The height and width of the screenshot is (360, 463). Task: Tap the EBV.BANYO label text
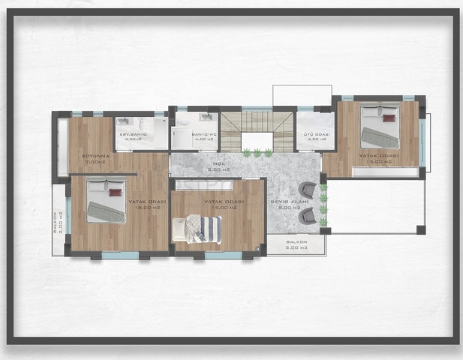133,135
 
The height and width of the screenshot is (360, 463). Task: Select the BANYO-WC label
204,135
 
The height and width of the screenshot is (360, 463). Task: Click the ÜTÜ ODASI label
314,135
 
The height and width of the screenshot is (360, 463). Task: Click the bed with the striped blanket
199,228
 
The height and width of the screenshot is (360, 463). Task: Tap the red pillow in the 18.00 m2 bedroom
115,193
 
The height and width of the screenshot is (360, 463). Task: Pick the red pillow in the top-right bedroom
389,116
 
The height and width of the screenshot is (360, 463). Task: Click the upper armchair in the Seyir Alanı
307,190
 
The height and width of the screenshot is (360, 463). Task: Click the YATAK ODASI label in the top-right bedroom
379,156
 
